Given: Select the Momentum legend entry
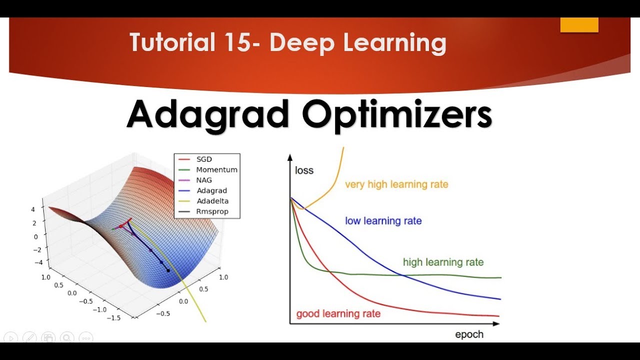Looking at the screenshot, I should coord(216,169).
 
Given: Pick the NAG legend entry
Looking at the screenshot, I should coord(204,180).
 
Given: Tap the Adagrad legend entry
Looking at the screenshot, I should coord(211,190).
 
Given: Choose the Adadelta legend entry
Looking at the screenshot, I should coord(212,201).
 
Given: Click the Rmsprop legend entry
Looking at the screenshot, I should coord(212,211).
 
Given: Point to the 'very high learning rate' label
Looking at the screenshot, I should coord(396,184).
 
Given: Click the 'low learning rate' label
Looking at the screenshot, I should coord(383,220).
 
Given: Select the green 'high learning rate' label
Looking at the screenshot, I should coord(443,262).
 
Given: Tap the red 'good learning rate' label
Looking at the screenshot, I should coord(338,314).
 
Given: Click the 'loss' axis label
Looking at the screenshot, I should coord(304,170).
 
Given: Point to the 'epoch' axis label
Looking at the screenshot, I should coord(469,334).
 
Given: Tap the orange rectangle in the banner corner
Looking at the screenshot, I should coord(579,25).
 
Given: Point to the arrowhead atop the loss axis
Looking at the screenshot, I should coord(290,157).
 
